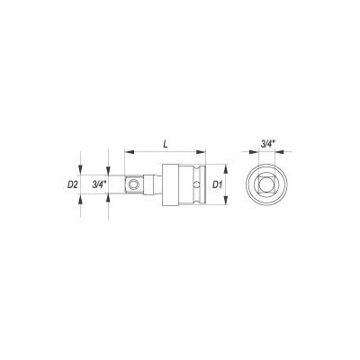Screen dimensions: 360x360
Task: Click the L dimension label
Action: [x=166, y=144]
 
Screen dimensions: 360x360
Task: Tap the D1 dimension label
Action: [x=218, y=184]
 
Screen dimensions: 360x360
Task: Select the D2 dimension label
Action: [x=73, y=184]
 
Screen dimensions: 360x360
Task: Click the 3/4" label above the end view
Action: [x=266, y=144]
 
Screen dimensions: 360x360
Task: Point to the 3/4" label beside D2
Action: [x=99, y=184]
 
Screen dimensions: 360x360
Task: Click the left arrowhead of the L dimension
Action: [x=129, y=152]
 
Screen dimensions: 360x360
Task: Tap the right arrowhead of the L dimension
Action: [x=201, y=152]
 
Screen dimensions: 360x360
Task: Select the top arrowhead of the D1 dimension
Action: [x=226, y=169]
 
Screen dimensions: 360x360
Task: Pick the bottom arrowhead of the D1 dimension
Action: [x=226, y=200]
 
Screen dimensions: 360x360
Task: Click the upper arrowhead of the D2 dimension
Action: [x=80, y=170]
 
